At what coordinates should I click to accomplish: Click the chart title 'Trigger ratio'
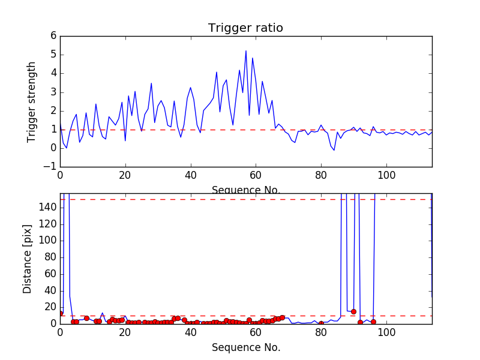pos(245,28)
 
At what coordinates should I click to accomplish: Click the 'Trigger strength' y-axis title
pos(32,101)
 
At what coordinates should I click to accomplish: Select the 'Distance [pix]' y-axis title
pos(28,259)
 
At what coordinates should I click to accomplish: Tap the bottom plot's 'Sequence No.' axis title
pos(245,347)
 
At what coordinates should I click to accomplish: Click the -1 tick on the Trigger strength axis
pos(50,167)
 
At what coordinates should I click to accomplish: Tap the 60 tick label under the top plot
pos(256,177)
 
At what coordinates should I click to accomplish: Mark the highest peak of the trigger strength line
pos(246,50)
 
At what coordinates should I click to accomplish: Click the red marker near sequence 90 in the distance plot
pos(353,311)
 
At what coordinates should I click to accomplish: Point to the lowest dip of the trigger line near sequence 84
pos(334,150)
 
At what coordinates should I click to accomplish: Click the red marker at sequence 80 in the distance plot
pos(321,323)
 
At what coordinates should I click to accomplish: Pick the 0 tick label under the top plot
pos(60,177)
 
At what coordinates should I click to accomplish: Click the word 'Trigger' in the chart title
pos(227,28)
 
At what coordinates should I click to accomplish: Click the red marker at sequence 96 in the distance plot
pos(373,322)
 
